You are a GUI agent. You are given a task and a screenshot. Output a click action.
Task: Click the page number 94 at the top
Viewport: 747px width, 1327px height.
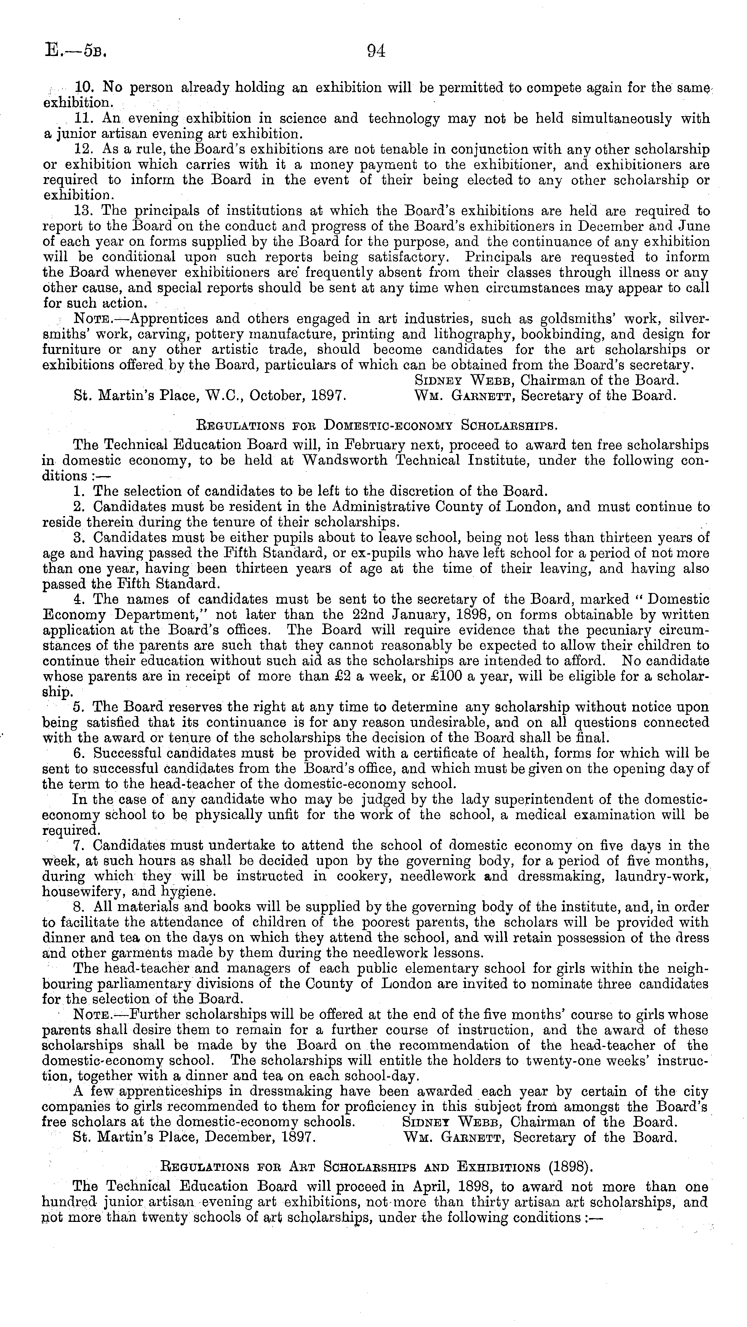(376, 51)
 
